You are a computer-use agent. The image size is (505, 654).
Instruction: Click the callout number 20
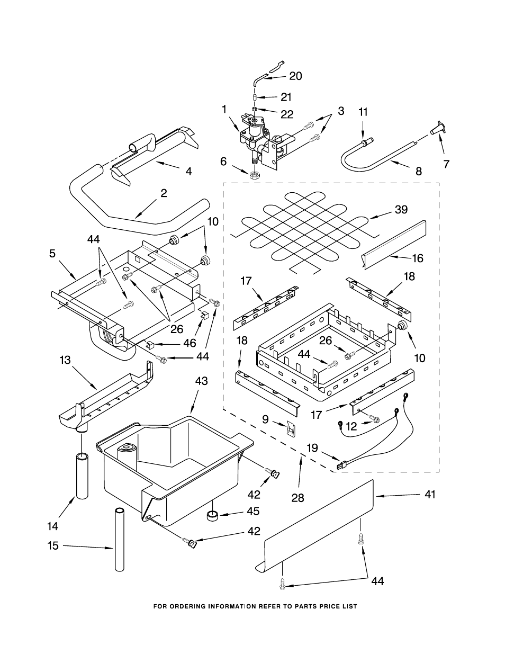(x=295, y=76)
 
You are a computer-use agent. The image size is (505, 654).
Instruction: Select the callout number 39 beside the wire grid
(x=401, y=210)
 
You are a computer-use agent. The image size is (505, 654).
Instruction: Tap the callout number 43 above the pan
(x=201, y=381)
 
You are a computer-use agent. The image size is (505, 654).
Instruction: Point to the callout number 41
(x=429, y=495)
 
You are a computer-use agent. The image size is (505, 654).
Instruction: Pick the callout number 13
(x=65, y=360)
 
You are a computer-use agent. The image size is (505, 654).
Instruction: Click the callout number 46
(x=190, y=343)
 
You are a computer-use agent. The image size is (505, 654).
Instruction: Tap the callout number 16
(x=418, y=258)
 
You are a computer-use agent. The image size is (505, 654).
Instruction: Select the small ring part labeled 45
(x=213, y=515)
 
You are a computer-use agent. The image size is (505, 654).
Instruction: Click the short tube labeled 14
(x=82, y=476)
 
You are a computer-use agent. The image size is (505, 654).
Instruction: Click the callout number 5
(x=52, y=254)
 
